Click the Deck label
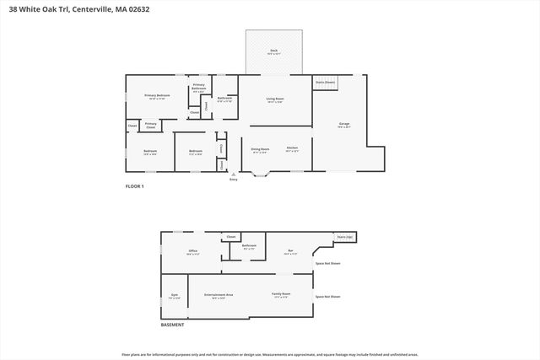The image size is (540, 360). click(x=274, y=51)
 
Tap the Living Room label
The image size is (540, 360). click(x=275, y=99)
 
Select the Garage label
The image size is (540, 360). click(x=343, y=125)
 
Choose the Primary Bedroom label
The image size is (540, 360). click(x=157, y=96)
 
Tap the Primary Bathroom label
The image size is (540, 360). click(x=199, y=86)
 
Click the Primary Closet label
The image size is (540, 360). click(x=150, y=125)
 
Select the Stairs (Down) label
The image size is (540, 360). click(x=325, y=82)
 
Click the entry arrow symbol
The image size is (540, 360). click(x=234, y=175)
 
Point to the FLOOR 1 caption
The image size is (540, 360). click(x=135, y=186)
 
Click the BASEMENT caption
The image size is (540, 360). click(x=173, y=325)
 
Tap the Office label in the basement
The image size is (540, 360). click(x=192, y=251)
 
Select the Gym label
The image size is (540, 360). click(x=174, y=296)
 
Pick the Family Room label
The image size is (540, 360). click(x=281, y=295)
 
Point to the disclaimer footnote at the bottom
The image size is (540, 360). click(x=270, y=354)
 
